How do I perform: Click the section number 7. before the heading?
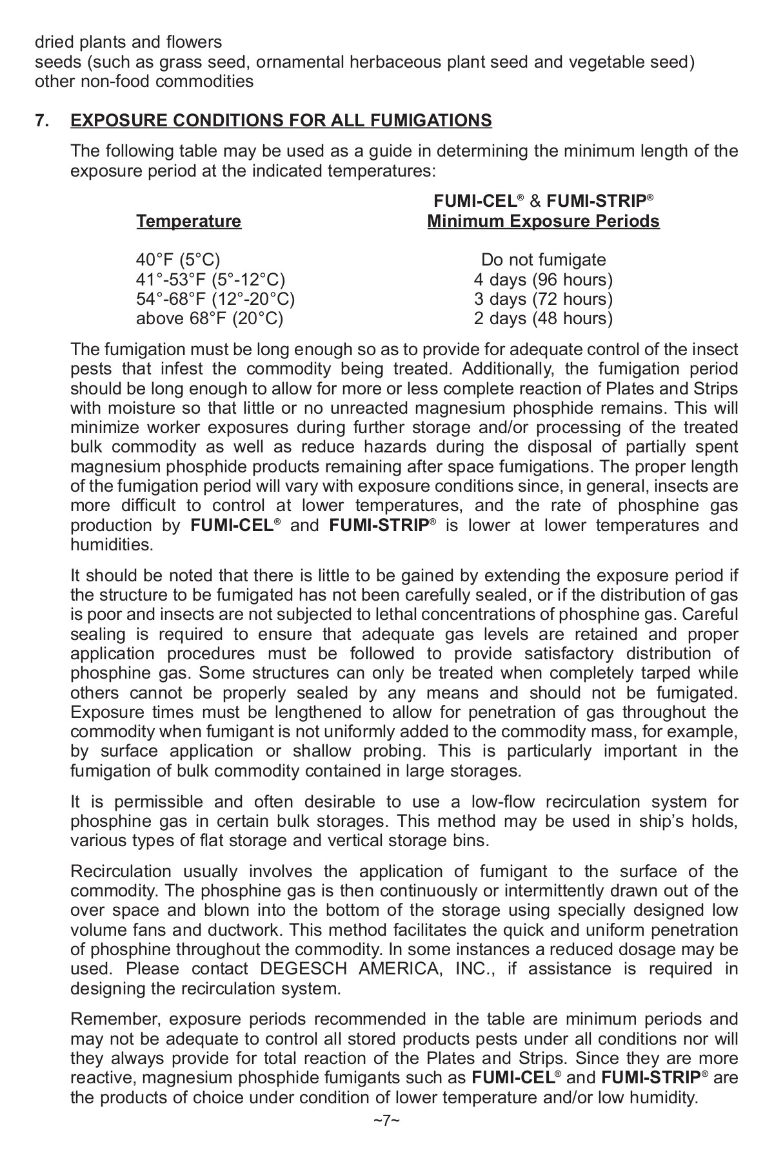point(43,121)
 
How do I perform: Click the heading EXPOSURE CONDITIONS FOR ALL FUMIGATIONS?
point(281,121)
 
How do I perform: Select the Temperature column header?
point(188,222)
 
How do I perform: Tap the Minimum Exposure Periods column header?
point(543,222)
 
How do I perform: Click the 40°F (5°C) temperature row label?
point(178,260)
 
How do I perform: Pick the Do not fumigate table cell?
point(543,260)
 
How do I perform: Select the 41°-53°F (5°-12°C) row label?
point(210,280)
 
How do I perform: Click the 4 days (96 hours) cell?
point(543,280)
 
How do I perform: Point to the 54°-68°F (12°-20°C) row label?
point(215,299)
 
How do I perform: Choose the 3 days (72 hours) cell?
point(543,299)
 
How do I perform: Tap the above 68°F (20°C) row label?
point(210,318)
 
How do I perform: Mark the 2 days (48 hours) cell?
point(543,318)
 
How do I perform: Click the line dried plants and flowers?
point(128,43)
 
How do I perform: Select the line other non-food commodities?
point(144,81)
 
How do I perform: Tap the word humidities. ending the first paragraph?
point(112,545)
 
